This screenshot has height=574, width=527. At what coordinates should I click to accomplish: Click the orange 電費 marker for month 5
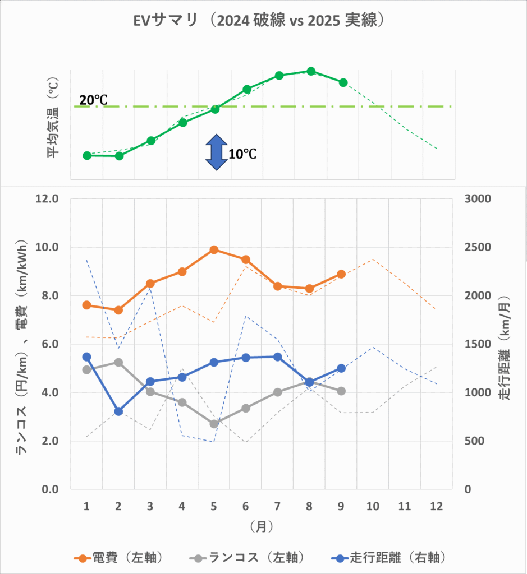214,249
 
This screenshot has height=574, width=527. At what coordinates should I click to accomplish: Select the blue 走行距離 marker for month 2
118,411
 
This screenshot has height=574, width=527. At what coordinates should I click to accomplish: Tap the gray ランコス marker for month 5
214,424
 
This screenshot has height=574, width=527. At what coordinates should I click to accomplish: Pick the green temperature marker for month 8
311,71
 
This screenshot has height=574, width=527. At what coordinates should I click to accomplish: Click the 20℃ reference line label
93,100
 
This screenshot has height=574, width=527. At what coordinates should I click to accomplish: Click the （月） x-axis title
262,527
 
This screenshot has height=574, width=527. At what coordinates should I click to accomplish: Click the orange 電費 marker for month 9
341,274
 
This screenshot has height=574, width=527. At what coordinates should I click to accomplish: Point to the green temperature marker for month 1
87,155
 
